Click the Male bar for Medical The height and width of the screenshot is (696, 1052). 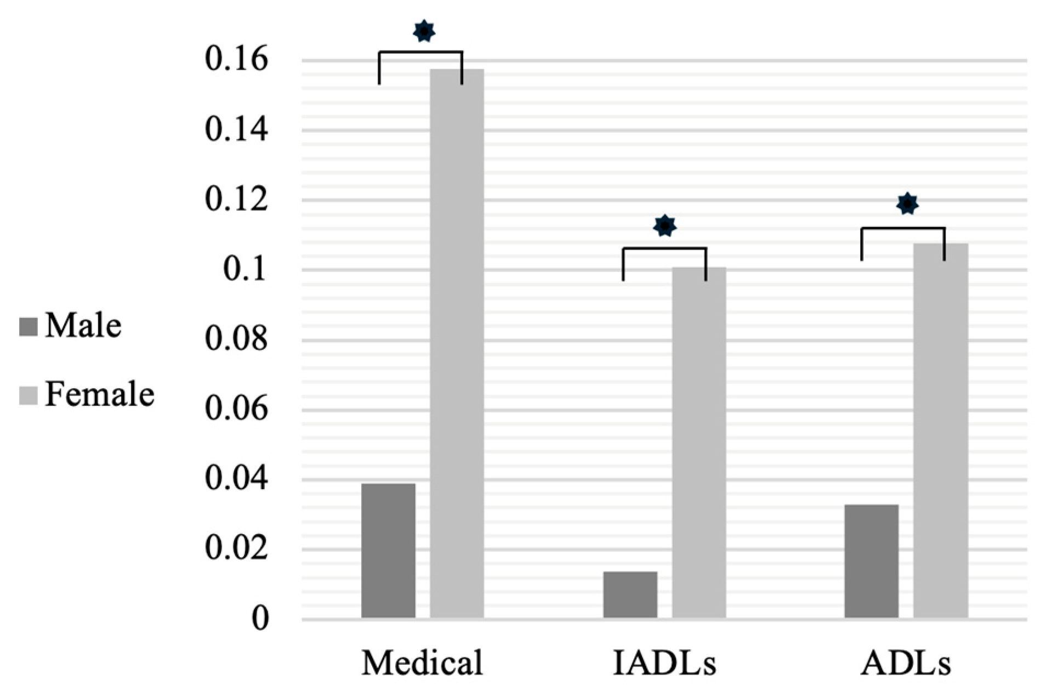point(388,551)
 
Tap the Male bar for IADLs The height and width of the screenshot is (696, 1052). point(630,595)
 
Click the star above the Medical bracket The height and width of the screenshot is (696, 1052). point(424,31)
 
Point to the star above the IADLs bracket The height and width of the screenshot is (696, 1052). point(665,225)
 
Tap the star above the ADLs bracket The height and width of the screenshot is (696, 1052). point(907,204)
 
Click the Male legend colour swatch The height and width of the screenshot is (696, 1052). point(28,327)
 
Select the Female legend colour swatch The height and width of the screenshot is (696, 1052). point(28,395)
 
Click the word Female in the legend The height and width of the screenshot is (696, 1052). point(100,394)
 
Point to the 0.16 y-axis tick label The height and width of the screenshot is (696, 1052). point(236,59)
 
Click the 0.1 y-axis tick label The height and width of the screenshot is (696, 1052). point(246,270)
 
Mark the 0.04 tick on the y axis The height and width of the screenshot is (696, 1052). point(236,479)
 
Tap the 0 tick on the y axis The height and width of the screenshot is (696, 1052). point(260,619)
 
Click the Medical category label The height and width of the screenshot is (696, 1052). point(422,663)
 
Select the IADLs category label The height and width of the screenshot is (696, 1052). point(664,663)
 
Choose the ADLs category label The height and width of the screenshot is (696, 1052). point(906,663)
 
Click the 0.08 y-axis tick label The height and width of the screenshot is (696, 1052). point(236,339)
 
